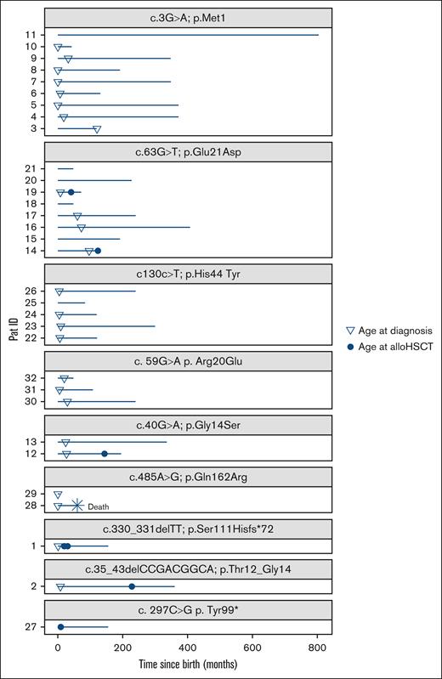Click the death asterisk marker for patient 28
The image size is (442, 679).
(76, 506)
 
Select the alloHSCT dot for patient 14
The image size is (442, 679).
(98, 251)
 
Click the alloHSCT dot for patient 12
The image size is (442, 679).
(105, 454)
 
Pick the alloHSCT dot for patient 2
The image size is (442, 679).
(132, 586)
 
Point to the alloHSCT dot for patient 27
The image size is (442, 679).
(60, 627)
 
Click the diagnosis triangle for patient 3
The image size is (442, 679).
(97, 129)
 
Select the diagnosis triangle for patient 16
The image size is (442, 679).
(81, 228)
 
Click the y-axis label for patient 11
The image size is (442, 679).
(29, 35)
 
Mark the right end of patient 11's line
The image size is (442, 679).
(319, 35)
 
